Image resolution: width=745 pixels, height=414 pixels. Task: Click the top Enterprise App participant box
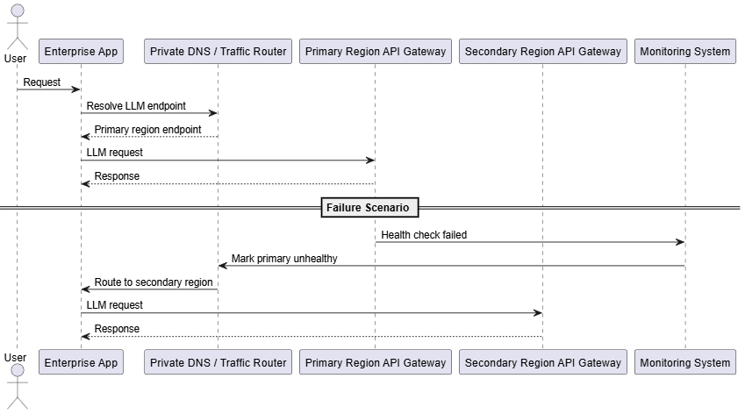[81, 51]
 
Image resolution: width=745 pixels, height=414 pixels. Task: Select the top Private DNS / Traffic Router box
[218, 51]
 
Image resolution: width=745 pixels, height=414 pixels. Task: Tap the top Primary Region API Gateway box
[376, 51]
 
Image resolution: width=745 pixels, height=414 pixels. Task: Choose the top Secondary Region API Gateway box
[543, 51]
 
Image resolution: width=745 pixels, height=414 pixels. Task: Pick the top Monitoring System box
[685, 51]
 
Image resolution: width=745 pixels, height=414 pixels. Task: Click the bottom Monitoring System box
[685, 362]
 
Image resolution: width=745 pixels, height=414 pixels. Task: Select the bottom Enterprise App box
[81, 362]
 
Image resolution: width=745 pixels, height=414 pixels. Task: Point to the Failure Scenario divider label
[369, 208]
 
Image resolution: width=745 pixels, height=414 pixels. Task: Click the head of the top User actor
[18, 11]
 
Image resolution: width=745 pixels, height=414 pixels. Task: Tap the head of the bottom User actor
[18, 370]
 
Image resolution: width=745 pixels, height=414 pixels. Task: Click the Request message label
[42, 82]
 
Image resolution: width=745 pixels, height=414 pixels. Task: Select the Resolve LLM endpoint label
[136, 106]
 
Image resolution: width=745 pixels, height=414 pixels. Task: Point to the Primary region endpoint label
[147, 130]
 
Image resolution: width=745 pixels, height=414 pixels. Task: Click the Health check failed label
[424, 235]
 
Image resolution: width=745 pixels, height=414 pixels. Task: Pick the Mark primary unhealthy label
[284, 259]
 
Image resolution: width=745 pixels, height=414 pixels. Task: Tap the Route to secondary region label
[154, 282]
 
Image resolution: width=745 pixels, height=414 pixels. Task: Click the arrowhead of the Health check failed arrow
[680, 242]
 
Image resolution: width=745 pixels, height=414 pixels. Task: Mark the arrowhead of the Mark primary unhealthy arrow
[223, 266]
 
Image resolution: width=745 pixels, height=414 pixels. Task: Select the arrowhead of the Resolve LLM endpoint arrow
[213, 113]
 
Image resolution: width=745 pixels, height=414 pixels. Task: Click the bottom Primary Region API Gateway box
[376, 362]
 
